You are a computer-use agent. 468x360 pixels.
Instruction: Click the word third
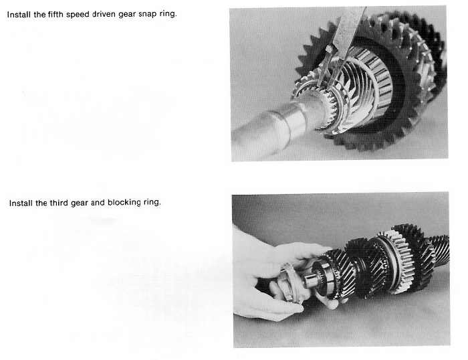click(x=59, y=203)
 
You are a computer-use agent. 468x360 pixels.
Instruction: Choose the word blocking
click(x=124, y=203)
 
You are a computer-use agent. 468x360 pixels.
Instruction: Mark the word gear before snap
click(x=127, y=15)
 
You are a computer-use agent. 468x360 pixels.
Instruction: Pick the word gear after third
click(x=80, y=203)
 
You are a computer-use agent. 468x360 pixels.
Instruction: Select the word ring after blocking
click(x=152, y=203)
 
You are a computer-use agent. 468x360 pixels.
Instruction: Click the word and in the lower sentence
click(x=98, y=203)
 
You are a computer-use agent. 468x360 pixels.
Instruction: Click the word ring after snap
click(x=168, y=14)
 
